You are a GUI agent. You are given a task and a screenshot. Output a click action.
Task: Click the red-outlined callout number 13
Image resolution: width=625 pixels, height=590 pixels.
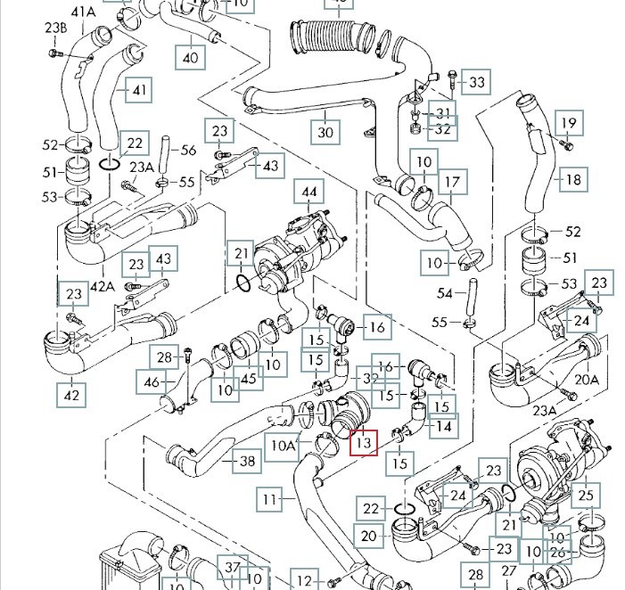364,441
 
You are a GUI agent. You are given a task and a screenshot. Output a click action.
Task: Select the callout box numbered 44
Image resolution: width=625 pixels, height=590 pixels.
309,193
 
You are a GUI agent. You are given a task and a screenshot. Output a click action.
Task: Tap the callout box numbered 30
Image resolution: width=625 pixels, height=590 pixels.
325,131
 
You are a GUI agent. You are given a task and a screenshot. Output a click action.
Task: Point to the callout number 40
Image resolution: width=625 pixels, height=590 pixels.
190,58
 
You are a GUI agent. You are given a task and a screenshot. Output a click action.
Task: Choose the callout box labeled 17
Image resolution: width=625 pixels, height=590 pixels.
454,184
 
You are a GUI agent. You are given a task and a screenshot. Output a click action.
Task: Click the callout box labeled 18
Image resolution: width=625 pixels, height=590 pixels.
573,179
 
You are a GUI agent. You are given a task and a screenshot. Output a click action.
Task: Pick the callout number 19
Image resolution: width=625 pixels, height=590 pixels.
569,123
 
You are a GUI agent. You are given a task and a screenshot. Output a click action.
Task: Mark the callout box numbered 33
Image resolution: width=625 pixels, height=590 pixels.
477,83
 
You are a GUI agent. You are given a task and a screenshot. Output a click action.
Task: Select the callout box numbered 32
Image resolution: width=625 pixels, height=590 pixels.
442,129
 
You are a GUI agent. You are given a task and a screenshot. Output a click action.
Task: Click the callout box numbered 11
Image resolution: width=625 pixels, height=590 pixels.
270,497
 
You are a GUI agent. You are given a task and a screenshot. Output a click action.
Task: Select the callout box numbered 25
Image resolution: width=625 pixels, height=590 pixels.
584,494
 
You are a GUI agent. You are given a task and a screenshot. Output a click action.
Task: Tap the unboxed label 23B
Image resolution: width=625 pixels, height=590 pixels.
56,28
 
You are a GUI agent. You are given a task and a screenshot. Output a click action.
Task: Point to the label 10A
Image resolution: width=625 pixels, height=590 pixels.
284,443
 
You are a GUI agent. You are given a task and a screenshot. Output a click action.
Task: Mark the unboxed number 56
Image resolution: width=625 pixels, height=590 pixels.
188,151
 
